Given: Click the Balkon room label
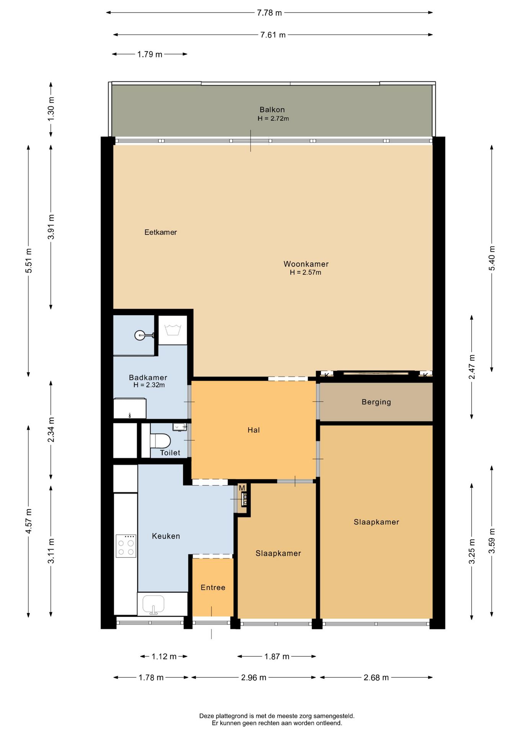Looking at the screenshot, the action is click(272, 110).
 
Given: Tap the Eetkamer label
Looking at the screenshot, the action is click(160, 232).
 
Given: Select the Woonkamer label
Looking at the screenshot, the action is click(306, 264).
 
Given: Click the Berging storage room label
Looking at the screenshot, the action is click(376, 402).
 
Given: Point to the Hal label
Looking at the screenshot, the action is click(253, 430).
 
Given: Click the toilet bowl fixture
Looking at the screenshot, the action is click(160, 441).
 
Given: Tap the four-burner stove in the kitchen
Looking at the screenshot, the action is click(126, 546).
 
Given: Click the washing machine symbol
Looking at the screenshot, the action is click(173, 330).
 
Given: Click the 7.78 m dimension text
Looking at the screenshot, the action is click(269, 13).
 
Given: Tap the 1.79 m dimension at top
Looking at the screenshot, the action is click(150, 54).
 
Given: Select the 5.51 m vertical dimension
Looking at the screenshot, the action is click(29, 261).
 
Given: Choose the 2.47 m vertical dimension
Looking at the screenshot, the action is click(472, 367).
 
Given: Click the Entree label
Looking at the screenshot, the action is click(213, 588).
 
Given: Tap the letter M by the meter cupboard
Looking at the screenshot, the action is click(242, 488).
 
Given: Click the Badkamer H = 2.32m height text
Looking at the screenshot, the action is click(149, 385).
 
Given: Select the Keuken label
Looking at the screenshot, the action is click(166, 536).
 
